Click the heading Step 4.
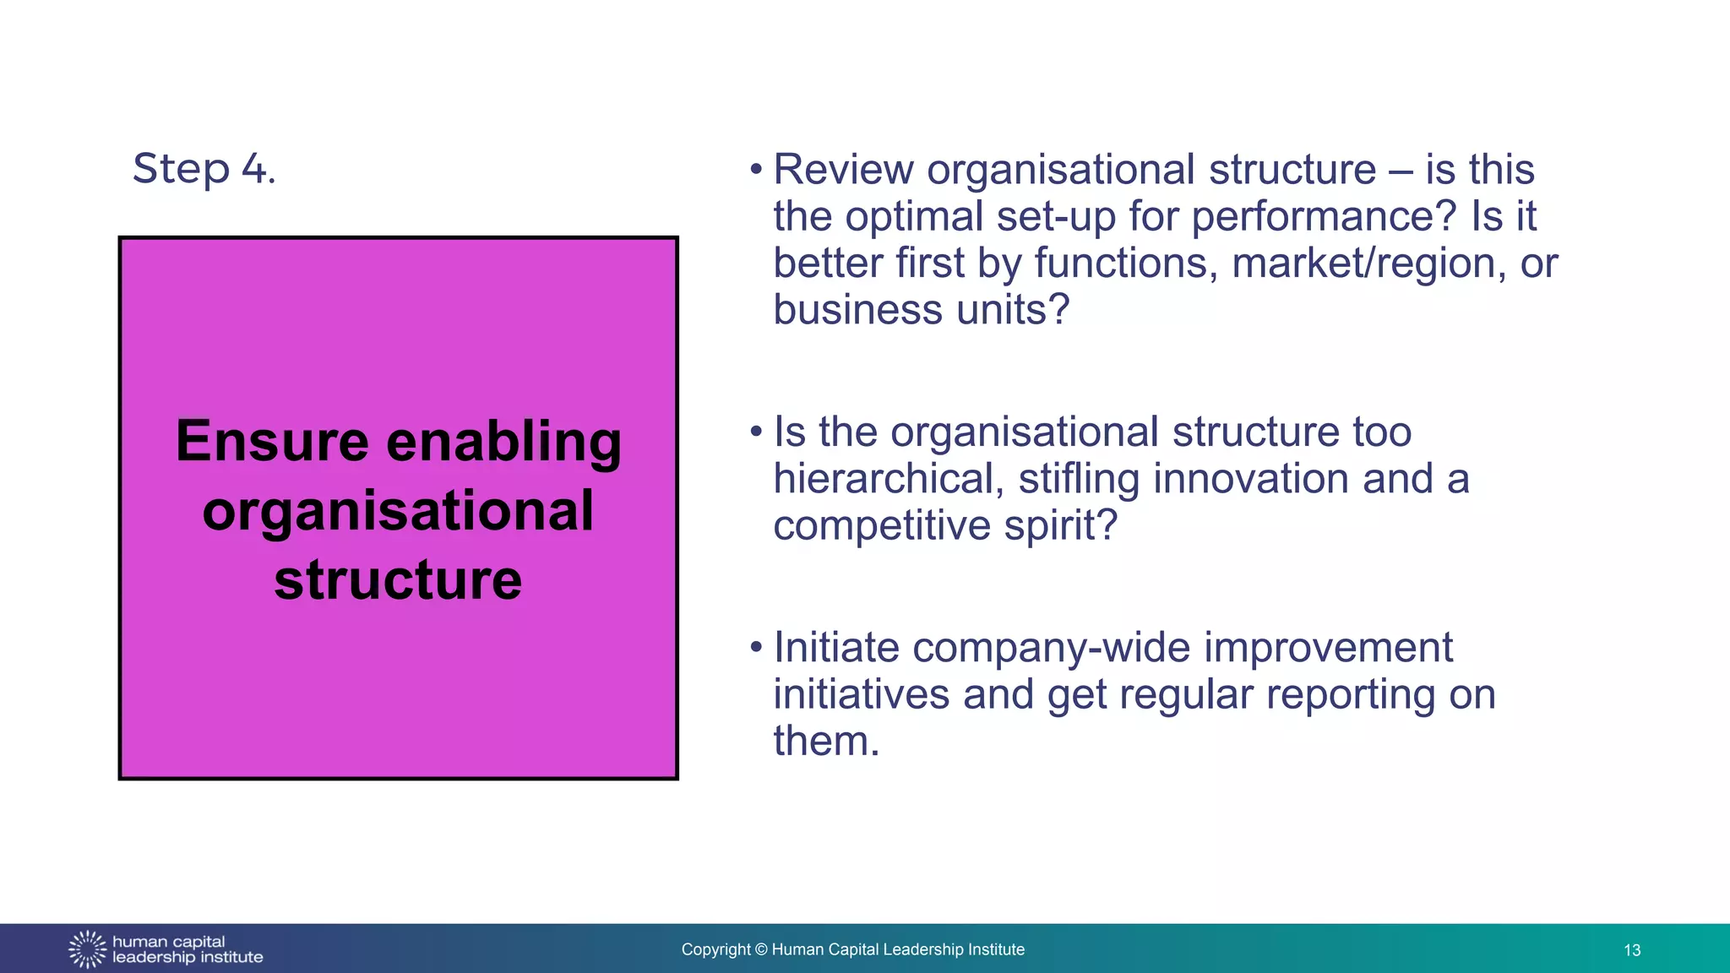coord(204,169)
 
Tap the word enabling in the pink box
coord(503,442)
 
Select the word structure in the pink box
coord(398,580)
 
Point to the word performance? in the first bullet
coord(1324,217)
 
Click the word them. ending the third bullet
coord(826,742)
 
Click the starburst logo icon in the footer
coord(87,949)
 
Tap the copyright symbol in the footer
coord(761,950)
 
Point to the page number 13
coord(1632,950)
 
